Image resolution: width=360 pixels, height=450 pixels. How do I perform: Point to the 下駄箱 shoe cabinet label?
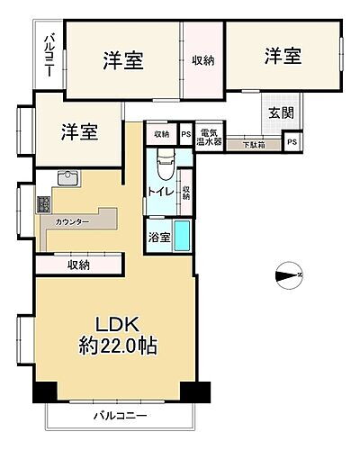tap(253, 143)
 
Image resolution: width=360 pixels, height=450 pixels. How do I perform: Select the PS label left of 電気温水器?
tap(185, 134)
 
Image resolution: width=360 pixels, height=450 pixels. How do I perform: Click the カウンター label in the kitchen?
tap(71, 220)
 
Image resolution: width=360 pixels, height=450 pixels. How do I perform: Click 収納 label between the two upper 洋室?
tap(202, 60)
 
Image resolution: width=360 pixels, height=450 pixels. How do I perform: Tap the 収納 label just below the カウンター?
tap(78, 265)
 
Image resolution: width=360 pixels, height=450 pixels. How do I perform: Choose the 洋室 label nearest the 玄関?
tap(282, 57)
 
